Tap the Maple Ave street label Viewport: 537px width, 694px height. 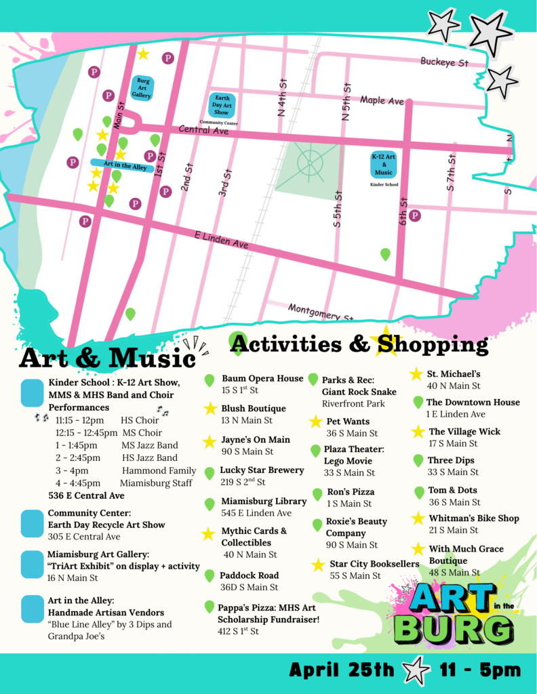(x=382, y=100)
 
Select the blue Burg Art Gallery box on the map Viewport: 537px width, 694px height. (x=142, y=88)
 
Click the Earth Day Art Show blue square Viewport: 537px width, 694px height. (x=222, y=106)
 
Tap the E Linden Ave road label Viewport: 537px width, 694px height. (x=221, y=239)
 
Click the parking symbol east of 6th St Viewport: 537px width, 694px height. (x=415, y=216)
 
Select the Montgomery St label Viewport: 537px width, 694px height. (x=320, y=312)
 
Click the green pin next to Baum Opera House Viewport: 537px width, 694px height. (x=210, y=381)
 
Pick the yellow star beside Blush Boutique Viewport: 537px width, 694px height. (x=210, y=409)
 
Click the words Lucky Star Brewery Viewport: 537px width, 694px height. (x=262, y=470)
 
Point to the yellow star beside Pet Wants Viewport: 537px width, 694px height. (x=315, y=422)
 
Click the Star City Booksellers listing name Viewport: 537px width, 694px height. (x=374, y=564)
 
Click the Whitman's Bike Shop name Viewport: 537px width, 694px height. (x=474, y=518)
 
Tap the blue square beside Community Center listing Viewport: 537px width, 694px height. (x=32, y=524)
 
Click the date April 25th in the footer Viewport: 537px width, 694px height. (x=341, y=671)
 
